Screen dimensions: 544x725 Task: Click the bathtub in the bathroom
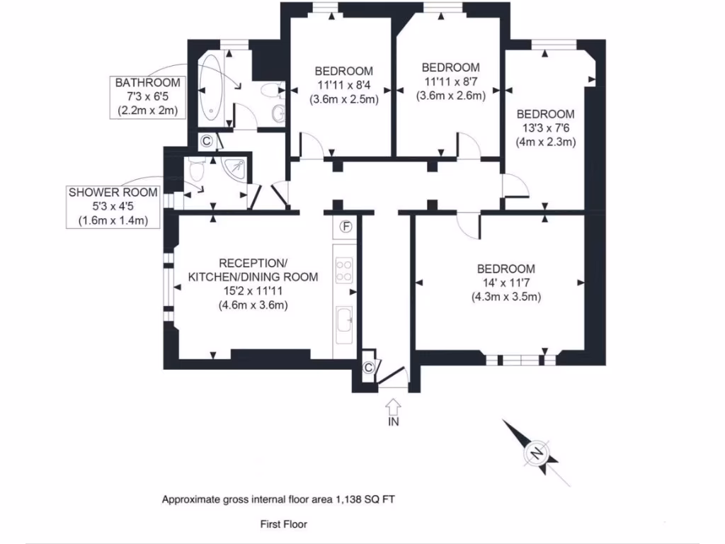(x=211, y=89)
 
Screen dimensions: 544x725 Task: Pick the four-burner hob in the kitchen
(x=345, y=270)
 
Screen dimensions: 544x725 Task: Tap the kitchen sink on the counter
(x=346, y=322)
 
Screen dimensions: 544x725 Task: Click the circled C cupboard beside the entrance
(x=368, y=367)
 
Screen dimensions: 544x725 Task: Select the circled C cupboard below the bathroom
(x=206, y=141)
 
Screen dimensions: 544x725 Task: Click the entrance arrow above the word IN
(x=394, y=407)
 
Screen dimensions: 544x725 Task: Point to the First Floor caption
(x=283, y=524)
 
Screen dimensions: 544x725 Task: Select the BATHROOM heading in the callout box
(x=148, y=83)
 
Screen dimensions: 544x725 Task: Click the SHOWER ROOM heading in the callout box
(x=113, y=193)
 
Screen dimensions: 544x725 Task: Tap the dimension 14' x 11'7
(x=506, y=283)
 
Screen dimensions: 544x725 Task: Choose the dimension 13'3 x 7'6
(x=545, y=128)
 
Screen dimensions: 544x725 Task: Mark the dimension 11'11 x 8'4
(x=343, y=85)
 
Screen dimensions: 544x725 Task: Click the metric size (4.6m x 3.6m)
(x=253, y=305)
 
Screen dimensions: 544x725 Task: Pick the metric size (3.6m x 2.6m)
(x=451, y=96)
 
